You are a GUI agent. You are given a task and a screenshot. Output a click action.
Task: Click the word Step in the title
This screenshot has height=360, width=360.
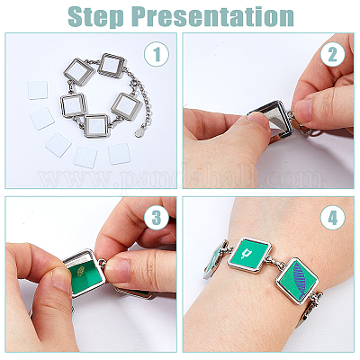[x=95, y=16]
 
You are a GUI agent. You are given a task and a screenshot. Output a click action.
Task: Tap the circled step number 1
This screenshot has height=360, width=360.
[x=157, y=54]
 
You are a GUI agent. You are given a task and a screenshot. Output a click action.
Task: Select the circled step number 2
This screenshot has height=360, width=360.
[x=332, y=54]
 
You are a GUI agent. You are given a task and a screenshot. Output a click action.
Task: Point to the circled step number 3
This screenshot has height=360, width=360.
[x=157, y=218]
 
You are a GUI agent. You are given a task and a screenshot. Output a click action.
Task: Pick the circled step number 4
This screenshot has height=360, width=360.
[x=332, y=218]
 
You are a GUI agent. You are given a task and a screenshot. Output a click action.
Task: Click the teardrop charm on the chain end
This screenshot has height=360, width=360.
[x=139, y=132]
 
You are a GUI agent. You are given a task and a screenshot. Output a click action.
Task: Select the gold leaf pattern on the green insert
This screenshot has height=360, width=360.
[x=80, y=272]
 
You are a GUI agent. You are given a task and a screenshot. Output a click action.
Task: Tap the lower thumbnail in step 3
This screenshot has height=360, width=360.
[x=61, y=280]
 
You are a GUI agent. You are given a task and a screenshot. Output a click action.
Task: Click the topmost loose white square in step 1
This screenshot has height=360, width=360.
[x=38, y=90]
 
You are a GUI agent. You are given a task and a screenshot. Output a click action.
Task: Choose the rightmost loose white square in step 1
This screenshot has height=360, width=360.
[x=119, y=154]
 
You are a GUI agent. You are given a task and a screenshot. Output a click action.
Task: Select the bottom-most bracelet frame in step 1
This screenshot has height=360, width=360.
[x=96, y=126]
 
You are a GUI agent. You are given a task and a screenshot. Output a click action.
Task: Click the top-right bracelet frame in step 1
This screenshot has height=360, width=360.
[x=112, y=66]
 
